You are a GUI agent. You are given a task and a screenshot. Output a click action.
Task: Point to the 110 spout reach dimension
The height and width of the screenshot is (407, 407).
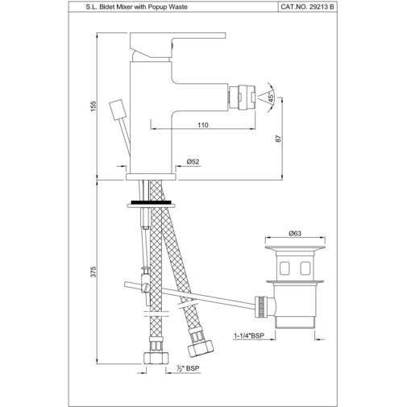click(x=202, y=125)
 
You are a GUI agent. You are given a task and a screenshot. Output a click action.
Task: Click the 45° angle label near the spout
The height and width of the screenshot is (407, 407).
click(x=271, y=98)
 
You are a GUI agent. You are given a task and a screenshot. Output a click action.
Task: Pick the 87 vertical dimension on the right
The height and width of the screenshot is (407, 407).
click(x=277, y=138)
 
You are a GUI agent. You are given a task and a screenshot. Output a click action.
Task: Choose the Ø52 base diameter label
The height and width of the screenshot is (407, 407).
click(x=193, y=162)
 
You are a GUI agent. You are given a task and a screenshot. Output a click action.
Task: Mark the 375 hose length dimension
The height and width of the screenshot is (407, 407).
click(x=95, y=275)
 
